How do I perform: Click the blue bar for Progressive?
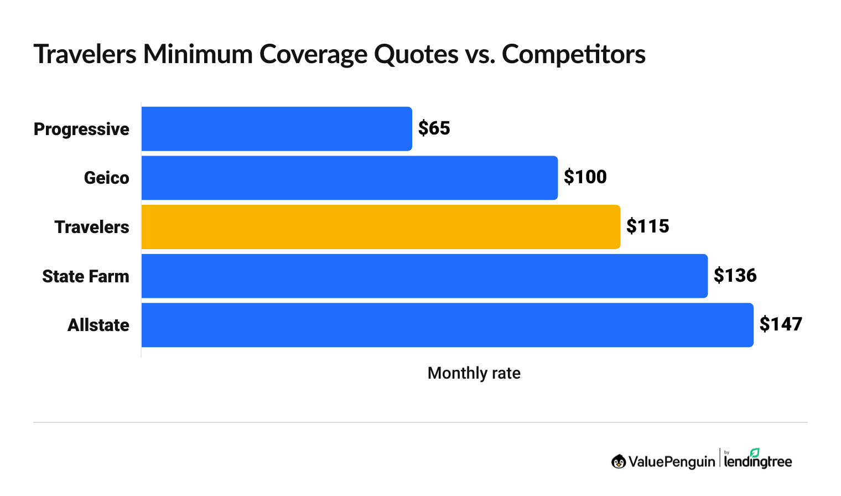pyautogui.click(x=277, y=129)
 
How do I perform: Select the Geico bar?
pyautogui.click(x=349, y=178)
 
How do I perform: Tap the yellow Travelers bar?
pyautogui.click(x=381, y=227)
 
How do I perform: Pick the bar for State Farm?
pyautogui.click(x=424, y=276)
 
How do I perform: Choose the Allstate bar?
pyautogui.click(x=447, y=325)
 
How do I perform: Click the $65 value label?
pyautogui.click(x=434, y=128)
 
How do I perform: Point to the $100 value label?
pyautogui.click(x=585, y=177)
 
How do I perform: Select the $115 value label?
pyautogui.click(x=648, y=226)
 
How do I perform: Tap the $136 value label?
pyautogui.click(x=735, y=275)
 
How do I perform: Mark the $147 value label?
pyautogui.click(x=781, y=324)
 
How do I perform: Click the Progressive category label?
pyautogui.click(x=81, y=130)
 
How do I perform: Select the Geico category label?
pyautogui.click(x=106, y=178)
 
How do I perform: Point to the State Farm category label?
pyautogui.click(x=86, y=276)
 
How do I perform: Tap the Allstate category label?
pyautogui.click(x=98, y=325)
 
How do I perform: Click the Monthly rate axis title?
pyautogui.click(x=474, y=373)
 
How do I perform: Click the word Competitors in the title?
pyautogui.click(x=574, y=54)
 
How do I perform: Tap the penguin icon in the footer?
pyautogui.click(x=619, y=461)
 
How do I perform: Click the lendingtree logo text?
pyautogui.click(x=758, y=461)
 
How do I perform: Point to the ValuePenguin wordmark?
pyautogui.click(x=671, y=462)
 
